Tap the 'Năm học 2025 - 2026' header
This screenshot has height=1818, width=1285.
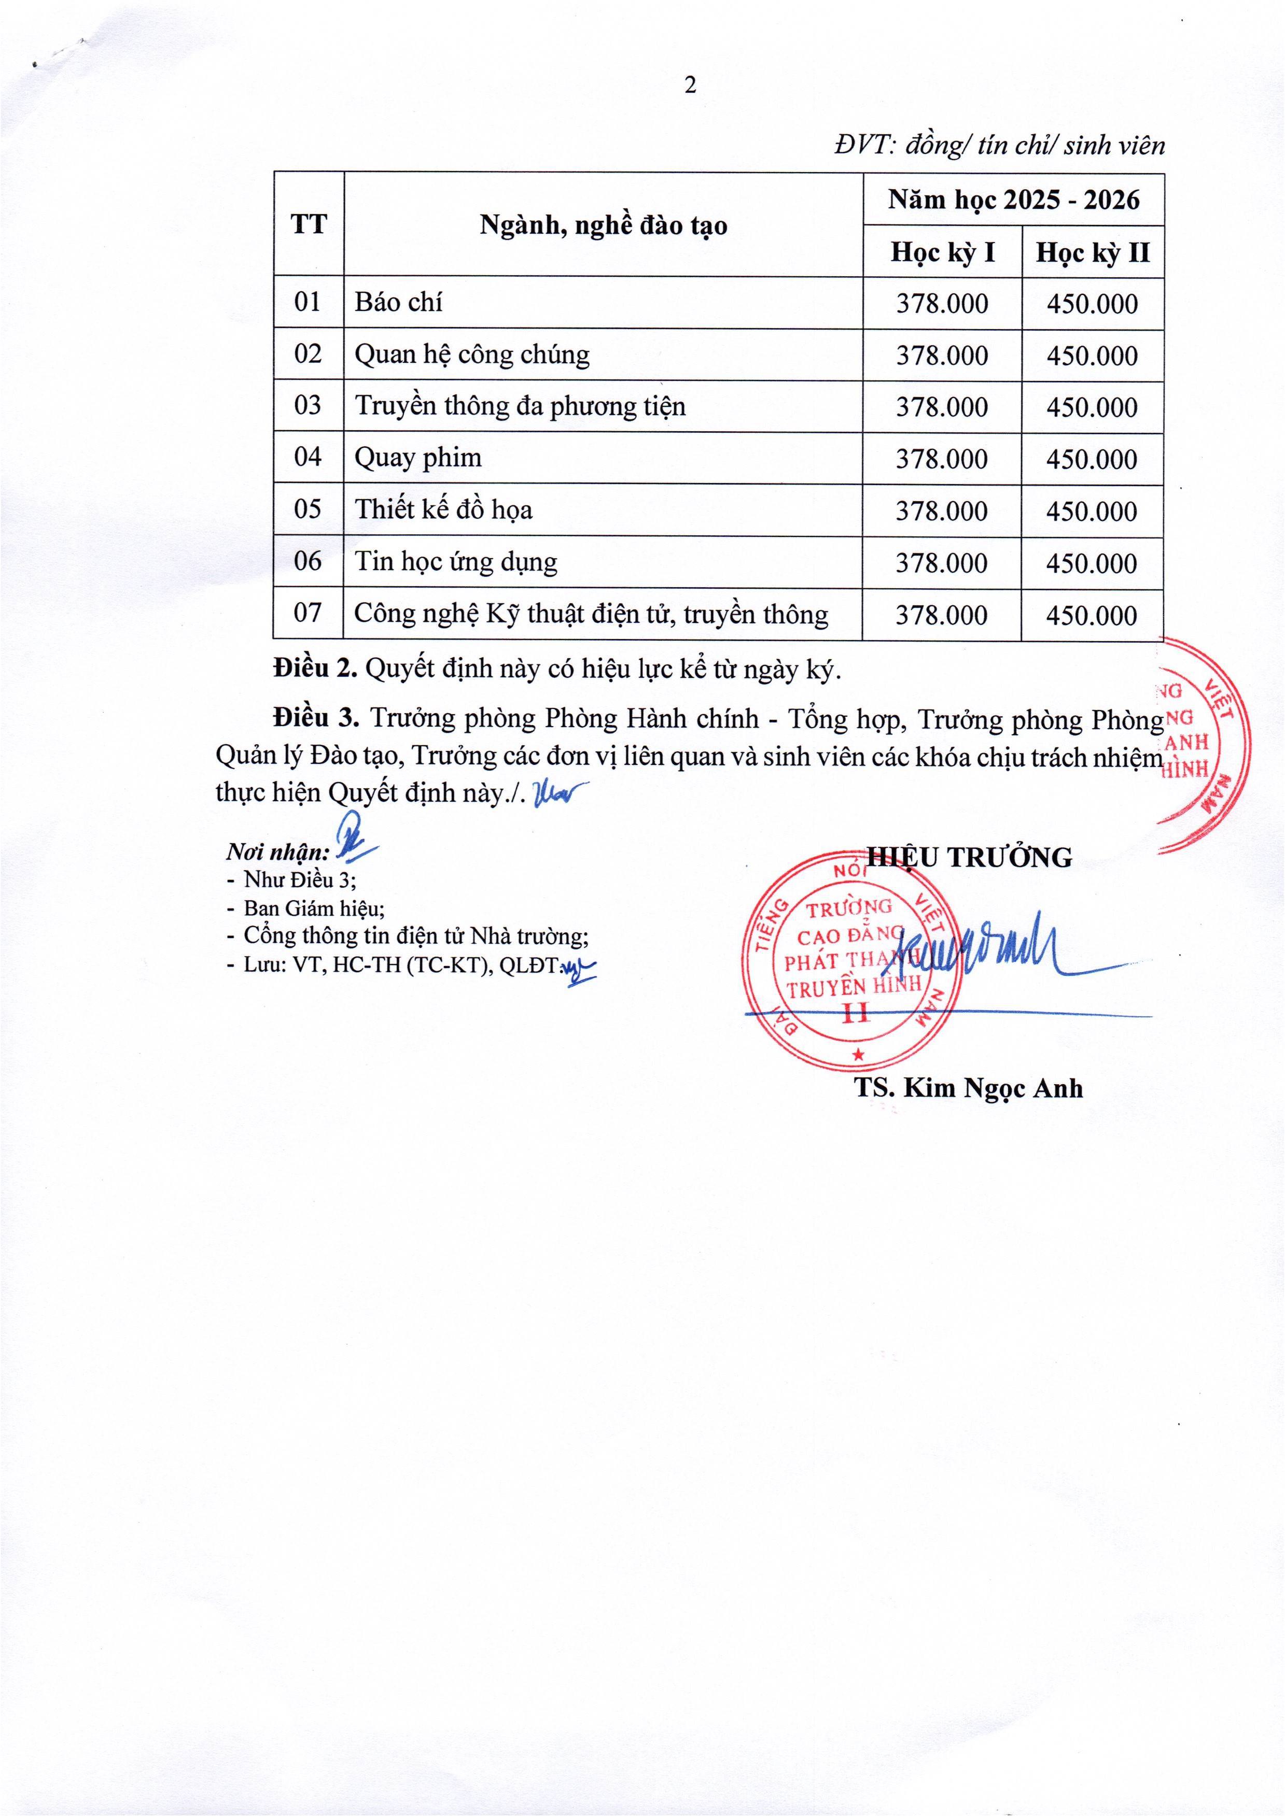[1013, 200]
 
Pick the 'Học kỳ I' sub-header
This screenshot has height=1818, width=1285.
[942, 252]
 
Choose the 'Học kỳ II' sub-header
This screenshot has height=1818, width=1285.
[1093, 252]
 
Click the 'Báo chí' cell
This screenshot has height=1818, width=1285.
[398, 303]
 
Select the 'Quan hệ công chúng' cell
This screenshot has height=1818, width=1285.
[472, 354]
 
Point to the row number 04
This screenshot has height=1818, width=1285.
[308, 457]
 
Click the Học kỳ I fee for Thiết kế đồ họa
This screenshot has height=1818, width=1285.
[942, 510]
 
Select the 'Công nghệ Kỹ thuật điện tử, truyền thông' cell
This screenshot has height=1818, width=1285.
[591, 614]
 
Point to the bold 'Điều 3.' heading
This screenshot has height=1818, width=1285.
[315, 718]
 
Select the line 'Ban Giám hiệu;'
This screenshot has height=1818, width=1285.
[315, 907]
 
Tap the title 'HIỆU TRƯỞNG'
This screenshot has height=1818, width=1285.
[970, 857]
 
